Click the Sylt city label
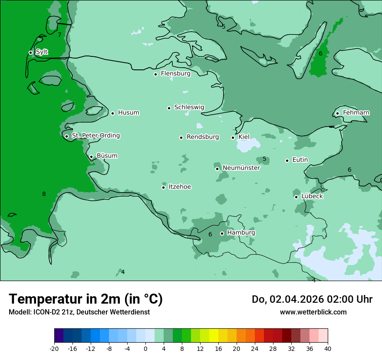(42, 52)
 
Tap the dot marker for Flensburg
(155, 74)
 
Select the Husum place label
(128, 113)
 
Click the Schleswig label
(189, 107)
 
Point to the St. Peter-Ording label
(95, 136)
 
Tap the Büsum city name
(107, 156)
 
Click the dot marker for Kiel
(233, 137)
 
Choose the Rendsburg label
(202, 137)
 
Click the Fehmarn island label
(356, 113)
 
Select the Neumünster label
(241, 168)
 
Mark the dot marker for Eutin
(287, 160)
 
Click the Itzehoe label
(180, 187)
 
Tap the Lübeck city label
(312, 196)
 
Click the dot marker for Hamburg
(222, 233)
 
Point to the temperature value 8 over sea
(44, 194)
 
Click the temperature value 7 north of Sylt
(59, 35)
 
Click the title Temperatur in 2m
(86, 299)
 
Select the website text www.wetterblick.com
(313, 312)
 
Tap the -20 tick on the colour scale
(54, 348)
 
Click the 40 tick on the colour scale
(328, 348)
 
